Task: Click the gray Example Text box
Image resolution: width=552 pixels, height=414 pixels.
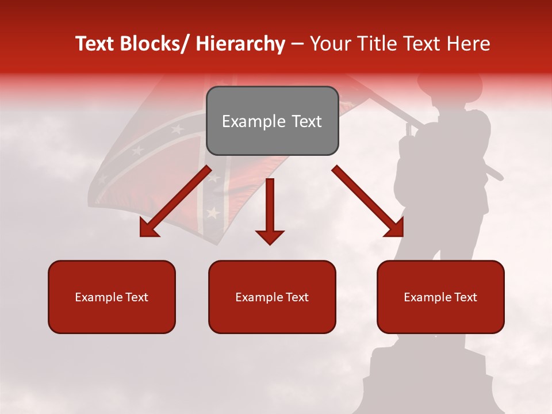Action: tap(272, 121)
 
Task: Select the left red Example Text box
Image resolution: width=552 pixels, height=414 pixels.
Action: tap(112, 297)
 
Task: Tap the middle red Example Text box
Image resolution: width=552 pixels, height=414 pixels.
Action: tap(272, 297)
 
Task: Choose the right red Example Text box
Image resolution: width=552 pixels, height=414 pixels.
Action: tap(440, 297)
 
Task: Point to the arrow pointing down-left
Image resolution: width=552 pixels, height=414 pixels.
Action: tap(175, 201)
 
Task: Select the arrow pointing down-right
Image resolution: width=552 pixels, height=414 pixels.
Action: tap(368, 201)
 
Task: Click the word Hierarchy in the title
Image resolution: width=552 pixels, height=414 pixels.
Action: tap(240, 44)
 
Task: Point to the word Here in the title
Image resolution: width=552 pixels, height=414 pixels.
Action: tap(468, 44)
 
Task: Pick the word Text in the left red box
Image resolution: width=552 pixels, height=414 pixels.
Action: tap(137, 297)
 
